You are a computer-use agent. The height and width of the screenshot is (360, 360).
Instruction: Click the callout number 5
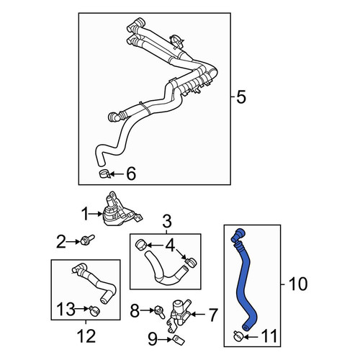coord(241,97)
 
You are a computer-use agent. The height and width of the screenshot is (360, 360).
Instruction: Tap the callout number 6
coord(131,174)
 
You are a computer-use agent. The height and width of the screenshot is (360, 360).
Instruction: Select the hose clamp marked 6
coord(104,174)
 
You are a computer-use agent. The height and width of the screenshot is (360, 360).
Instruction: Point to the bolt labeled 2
coord(87,240)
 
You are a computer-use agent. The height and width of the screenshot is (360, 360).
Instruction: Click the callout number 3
coord(167,221)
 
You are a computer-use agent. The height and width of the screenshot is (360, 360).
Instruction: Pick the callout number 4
coord(170,246)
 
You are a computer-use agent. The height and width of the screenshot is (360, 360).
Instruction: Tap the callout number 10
coord(298,284)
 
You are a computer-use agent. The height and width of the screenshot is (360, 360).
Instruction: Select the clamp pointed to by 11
coord(239,336)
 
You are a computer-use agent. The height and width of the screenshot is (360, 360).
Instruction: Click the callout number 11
coord(269,336)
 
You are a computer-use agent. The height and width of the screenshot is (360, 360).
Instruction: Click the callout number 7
coord(212,315)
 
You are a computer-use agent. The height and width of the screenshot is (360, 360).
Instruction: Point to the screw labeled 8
coord(160,311)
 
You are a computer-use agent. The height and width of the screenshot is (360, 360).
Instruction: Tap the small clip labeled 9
coord(178,340)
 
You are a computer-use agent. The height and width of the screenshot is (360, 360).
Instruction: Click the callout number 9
coord(153,340)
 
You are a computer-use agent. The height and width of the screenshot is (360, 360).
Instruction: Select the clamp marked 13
coord(94,311)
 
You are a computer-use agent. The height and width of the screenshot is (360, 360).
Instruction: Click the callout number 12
coord(86,336)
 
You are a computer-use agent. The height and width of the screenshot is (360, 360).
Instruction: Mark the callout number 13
coord(66,309)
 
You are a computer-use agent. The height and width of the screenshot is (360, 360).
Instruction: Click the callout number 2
coord(60,241)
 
